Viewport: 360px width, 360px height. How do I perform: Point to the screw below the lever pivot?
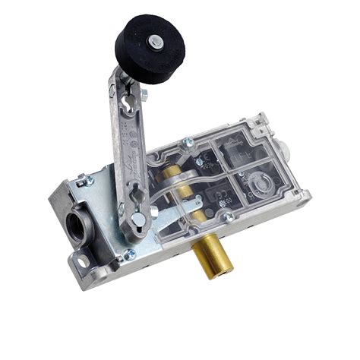[130, 254]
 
